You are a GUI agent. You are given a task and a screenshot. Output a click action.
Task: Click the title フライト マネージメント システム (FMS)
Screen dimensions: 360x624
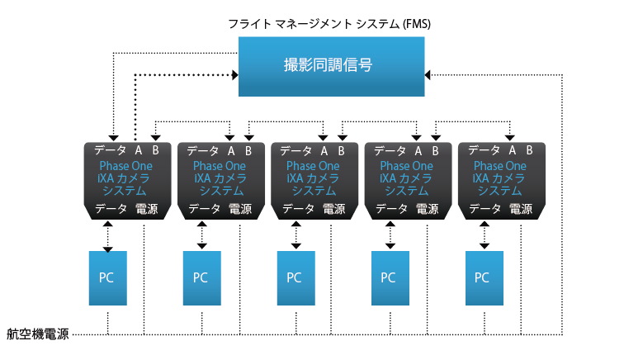[329, 24]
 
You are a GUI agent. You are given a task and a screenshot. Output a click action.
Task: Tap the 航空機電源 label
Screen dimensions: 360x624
[38, 334]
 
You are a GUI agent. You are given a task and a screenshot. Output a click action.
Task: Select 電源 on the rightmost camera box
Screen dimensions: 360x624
[521, 210]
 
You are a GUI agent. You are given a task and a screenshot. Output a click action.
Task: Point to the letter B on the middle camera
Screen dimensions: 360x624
[341, 150]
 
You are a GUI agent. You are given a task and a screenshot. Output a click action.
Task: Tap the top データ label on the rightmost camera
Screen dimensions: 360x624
[485, 150]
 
